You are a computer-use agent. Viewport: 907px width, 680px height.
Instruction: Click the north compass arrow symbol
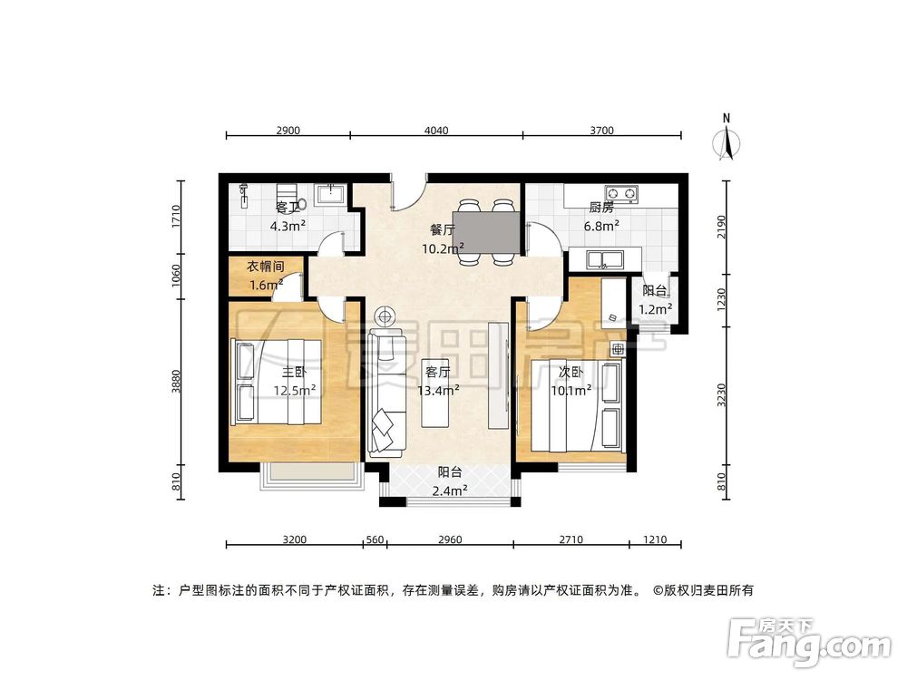click(726, 141)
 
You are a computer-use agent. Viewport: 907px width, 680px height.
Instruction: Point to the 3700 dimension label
click(601, 131)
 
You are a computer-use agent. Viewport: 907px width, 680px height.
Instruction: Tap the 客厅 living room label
click(439, 372)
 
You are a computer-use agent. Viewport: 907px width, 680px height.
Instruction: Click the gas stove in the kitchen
click(623, 193)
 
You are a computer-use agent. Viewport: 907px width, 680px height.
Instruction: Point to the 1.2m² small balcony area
click(656, 309)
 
